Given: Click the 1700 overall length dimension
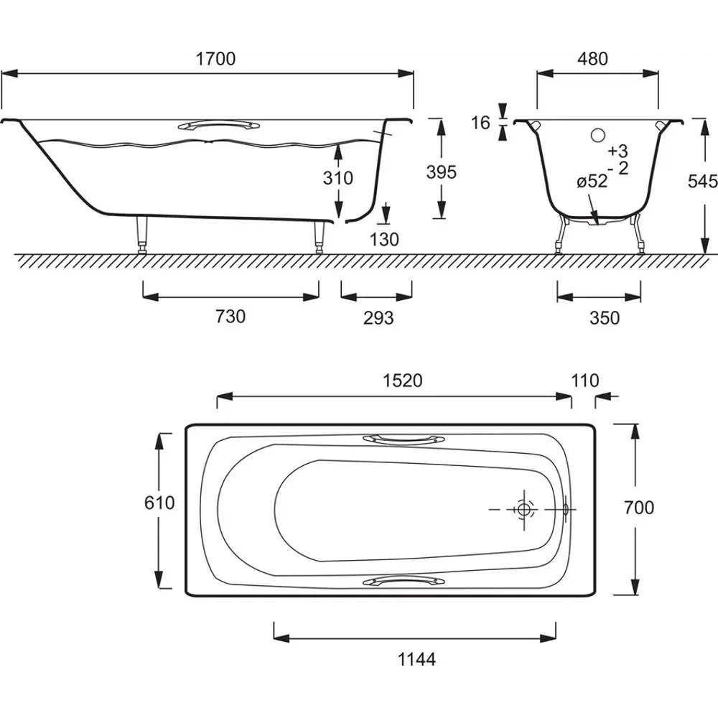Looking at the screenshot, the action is click(215, 59).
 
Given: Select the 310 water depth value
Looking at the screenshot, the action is click(338, 177).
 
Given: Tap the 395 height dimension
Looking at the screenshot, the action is click(442, 172).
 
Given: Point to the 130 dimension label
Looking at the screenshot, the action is click(384, 239).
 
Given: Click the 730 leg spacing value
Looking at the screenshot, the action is click(230, 317).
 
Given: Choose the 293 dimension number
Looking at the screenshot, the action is click(378, 318).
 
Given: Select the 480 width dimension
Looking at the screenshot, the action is click(592, 59).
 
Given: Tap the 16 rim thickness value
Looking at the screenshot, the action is click(481, 123).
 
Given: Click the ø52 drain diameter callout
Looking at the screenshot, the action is click(592, 182).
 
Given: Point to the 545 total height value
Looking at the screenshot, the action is click(702, 182).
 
